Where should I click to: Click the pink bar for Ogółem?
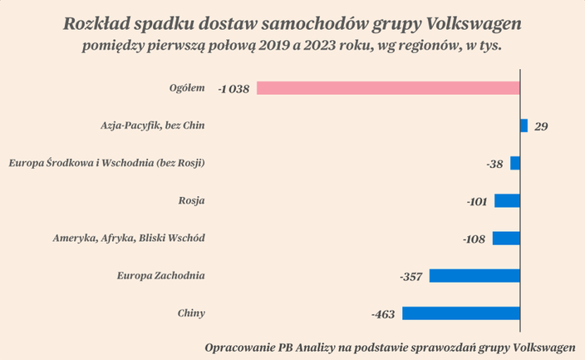(388, 87)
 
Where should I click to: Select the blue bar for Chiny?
(461, 313)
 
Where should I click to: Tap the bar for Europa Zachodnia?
(474, 275)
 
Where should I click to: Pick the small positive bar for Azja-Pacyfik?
(524, 126)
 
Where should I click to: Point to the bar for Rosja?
(507, 200)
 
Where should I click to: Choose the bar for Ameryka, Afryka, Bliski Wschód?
(506, 238)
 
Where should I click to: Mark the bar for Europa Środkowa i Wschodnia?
(515, 163)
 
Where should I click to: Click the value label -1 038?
(234, 88)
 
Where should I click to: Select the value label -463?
(383, 314)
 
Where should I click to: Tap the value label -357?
(411, 276)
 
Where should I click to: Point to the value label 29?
(541, 126)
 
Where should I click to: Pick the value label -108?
(474, 239)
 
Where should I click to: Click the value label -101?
(477, 201)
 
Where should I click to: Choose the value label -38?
(494, 164)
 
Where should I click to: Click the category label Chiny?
(191, 313)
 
